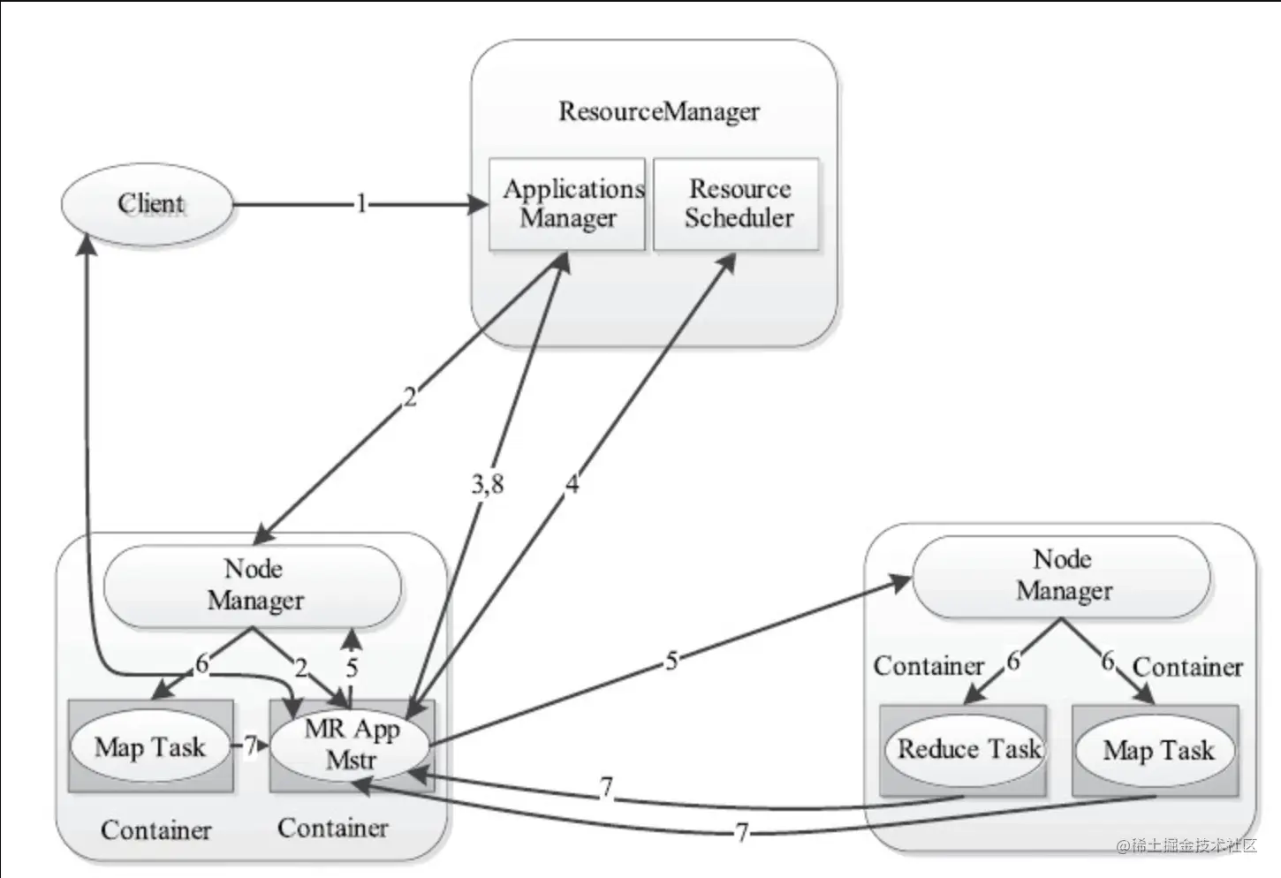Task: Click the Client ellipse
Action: [x=148, y=205]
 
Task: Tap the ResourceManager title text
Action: [x=659, y=111]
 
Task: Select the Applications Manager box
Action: [x=567, y=204]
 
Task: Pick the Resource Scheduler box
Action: [x=737, y=204]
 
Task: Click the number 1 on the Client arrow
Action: [x=361, y=203]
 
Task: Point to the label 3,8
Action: [x=488, y=485]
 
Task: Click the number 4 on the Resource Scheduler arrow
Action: [x=572, y=483]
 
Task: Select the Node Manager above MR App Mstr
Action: [x=253, y=586]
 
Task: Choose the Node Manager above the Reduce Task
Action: [x=1061, y=576]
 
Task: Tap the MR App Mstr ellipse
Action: [x=350, y=746]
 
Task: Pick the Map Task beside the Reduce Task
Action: [x=1156, y=751]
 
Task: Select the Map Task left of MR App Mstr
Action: [x=150, y=747]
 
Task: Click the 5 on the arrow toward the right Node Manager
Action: [x=672, y=661]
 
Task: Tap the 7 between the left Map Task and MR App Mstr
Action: [x=250, y=746]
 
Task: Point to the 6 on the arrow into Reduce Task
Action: [x=1013, y=662]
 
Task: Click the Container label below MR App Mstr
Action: [x=333, y=829]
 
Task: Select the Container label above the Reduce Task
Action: [x=929, y=667]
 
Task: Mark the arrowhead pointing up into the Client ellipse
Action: [x=87, y=244]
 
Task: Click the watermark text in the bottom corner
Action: [x=1186, y=845]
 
